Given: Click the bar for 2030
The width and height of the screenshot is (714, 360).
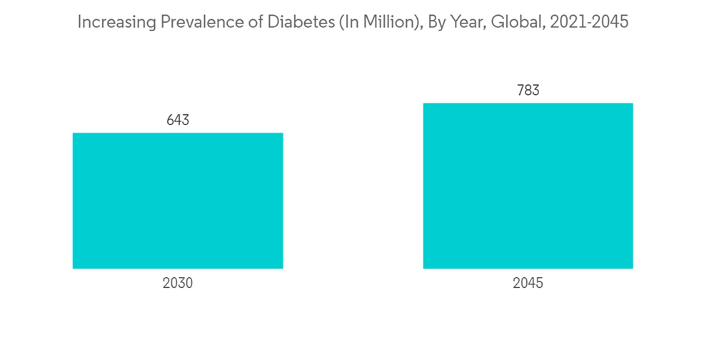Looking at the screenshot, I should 178,201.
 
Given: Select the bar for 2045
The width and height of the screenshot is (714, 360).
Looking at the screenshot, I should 528,186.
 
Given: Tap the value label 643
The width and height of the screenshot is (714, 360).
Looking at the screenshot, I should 178,120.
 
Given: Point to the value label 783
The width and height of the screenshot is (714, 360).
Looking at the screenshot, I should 528,91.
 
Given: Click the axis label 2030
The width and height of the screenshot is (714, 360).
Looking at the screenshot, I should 178,284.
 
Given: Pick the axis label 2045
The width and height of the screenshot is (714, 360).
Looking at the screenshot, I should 528,284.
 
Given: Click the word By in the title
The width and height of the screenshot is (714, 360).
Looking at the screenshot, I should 436,22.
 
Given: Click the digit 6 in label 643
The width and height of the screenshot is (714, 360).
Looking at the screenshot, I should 171,120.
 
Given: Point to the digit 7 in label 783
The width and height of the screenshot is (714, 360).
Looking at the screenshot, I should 521,91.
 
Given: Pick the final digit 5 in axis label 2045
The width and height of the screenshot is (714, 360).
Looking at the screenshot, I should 539,284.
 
